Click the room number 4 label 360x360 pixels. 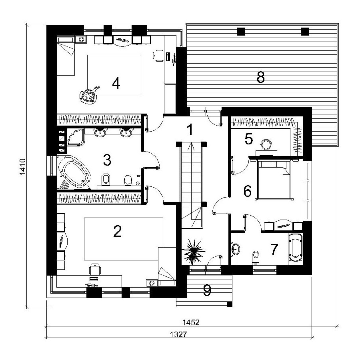click(x=116, y=83)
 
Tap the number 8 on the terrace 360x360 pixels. click(x=260, y=77)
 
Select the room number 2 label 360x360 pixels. click(x=117, y=231)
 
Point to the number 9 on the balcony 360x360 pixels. click(x=207, y=290)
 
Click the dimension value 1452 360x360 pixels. click(x=191, y=322)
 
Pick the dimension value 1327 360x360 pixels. click(x=179, y=334)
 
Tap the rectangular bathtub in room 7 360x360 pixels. click(x=296, y=248)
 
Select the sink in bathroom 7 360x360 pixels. click(x=236, y=249)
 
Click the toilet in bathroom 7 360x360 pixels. click(x=256, y=258)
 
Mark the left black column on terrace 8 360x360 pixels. click(x=241, y=32)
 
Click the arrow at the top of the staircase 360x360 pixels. click(x=191, y=147)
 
